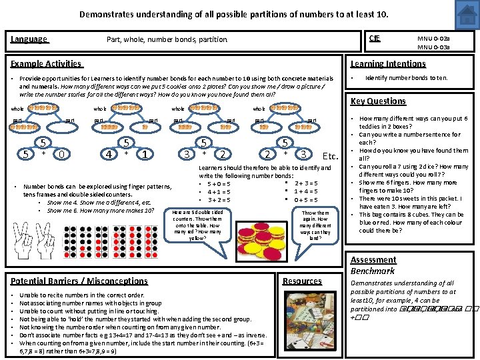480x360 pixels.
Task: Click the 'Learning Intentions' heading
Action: (x=388, y=64)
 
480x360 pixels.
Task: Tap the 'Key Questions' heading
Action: (x=378, y=101)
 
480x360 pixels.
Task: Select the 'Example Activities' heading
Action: (x=46, y=64)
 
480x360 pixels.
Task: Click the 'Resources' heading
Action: (x=302, y=281)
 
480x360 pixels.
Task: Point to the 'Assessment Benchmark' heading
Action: (x=373, y=265)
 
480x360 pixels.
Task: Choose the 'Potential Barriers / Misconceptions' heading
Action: (x=79, y=281)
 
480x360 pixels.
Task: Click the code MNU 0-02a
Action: (x=433, y=39)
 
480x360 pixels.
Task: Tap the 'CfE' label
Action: (x=374, y=39)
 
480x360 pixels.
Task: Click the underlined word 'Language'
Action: (x=29, y=39)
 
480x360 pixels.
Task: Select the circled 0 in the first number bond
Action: (x=61, y=154)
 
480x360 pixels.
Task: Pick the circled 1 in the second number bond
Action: (x=145, y=154)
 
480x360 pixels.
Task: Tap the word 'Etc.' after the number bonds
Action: (x=331, y=156)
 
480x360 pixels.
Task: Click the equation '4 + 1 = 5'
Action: (x=219, y=191)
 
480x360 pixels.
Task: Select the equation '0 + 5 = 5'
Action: (x=305, y=199)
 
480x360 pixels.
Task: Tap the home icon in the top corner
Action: (x=469, y=11)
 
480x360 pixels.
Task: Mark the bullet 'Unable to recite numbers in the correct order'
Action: (x=81, y=295)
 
